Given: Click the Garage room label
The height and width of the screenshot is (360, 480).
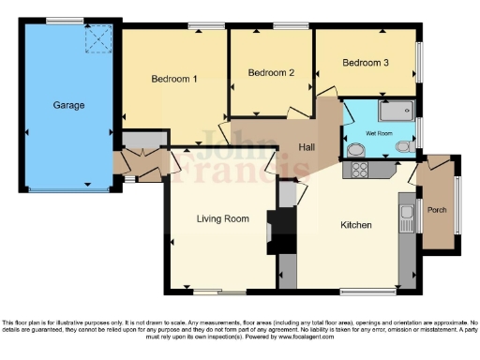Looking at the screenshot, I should pyautogui.click(x=69, y=105).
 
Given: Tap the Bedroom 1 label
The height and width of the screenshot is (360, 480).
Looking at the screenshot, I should pyautogui.click(x=174, y=79).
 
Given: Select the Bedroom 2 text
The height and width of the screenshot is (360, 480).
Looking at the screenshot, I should pyautogui.click(x=271, y=72).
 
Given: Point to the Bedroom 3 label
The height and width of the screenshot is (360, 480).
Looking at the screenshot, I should pyautogui.click(x=366, y=63).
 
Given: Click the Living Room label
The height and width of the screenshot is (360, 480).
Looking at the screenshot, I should pyautogui.click(x=222, y=218).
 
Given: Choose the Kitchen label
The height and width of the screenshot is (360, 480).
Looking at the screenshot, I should pyautogui.click(x=355, y=225).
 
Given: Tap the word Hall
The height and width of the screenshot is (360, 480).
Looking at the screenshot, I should pyautogui.click(x=307, y=148).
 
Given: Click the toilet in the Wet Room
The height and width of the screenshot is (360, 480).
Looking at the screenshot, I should pyautogui.click(x=403, y=147).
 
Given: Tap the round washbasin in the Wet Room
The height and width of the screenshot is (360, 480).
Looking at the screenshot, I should pyautogui.click(x=354, y=150).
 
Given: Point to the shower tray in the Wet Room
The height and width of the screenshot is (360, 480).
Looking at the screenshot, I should pyautogui.click(x=395, y=112).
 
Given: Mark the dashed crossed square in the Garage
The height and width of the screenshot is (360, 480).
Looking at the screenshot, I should pyautogui.click(x=97, y=39).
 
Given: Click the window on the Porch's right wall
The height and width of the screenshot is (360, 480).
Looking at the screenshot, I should pyautogui.click(x=458, y=202).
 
